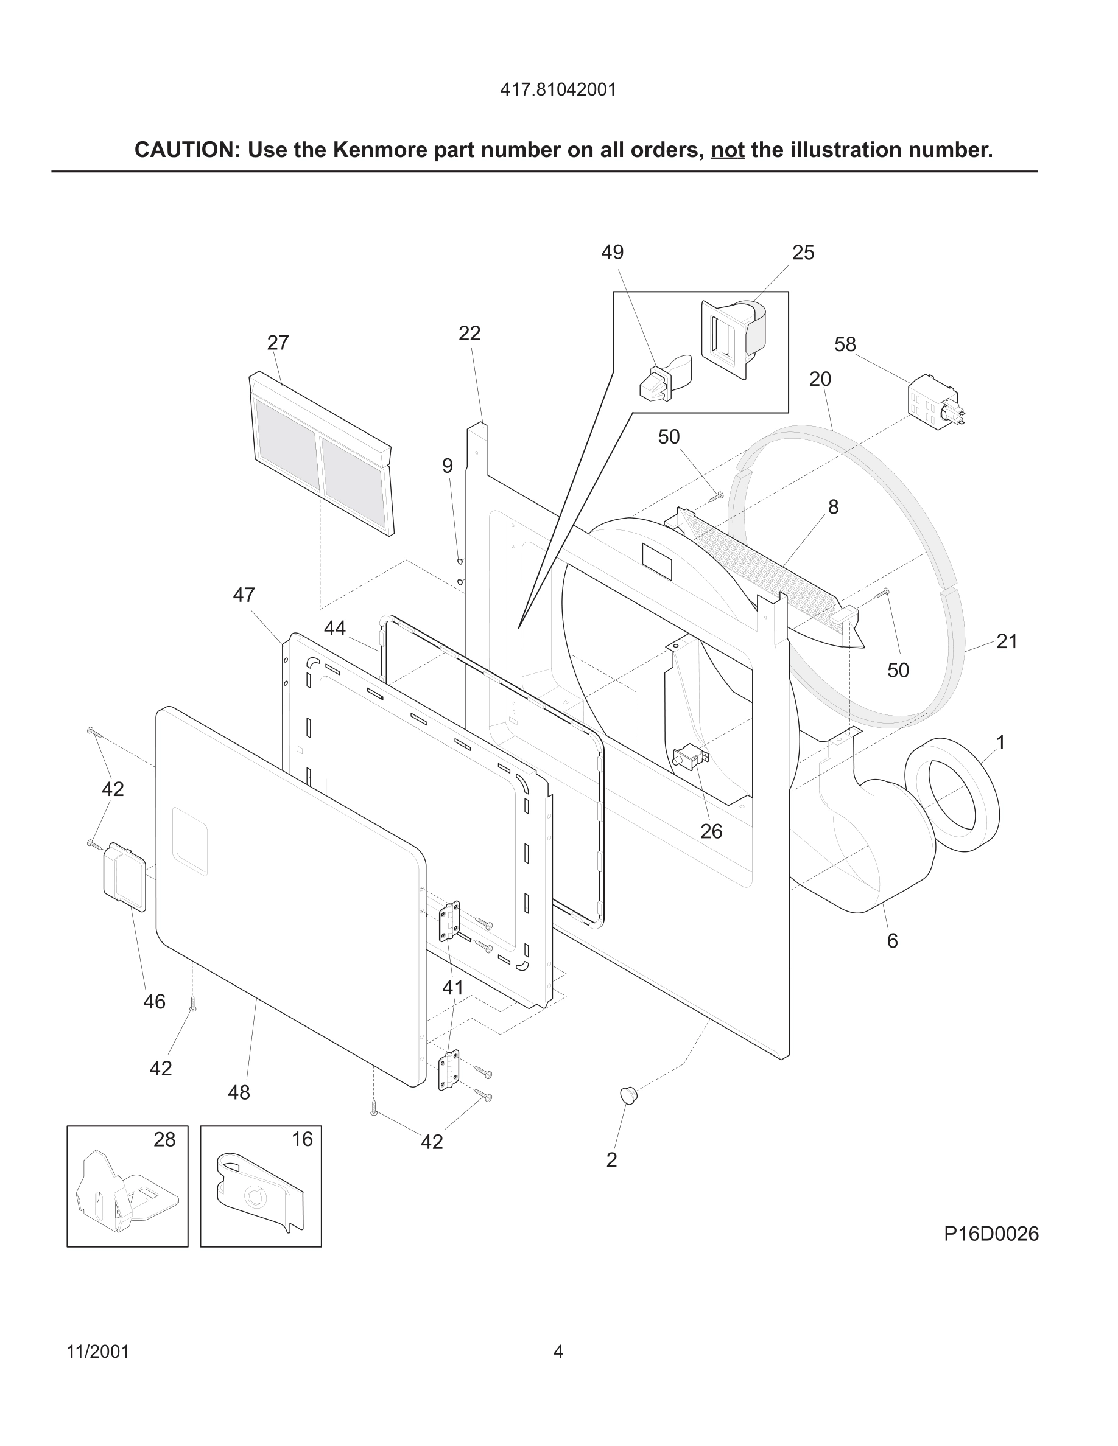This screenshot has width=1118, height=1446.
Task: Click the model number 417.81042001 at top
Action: tap(558, 89)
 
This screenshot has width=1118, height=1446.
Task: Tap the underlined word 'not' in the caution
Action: tap(727, 150)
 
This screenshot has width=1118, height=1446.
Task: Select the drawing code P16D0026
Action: tap(991, 1234)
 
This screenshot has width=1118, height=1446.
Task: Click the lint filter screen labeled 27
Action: tap(322, 457)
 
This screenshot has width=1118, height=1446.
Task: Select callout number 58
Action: tap(845, 344)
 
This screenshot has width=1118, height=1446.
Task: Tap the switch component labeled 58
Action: tap(934, 402)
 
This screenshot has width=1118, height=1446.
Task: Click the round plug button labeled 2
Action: tap(628, 1095)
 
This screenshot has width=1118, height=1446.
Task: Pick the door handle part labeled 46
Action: tap(124, 876)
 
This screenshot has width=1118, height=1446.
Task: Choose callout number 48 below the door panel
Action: tap(239, 1092)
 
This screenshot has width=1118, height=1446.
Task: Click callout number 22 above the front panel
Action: tap(469, 333)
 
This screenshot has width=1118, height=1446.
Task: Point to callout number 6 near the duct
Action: tap(892, 941)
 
